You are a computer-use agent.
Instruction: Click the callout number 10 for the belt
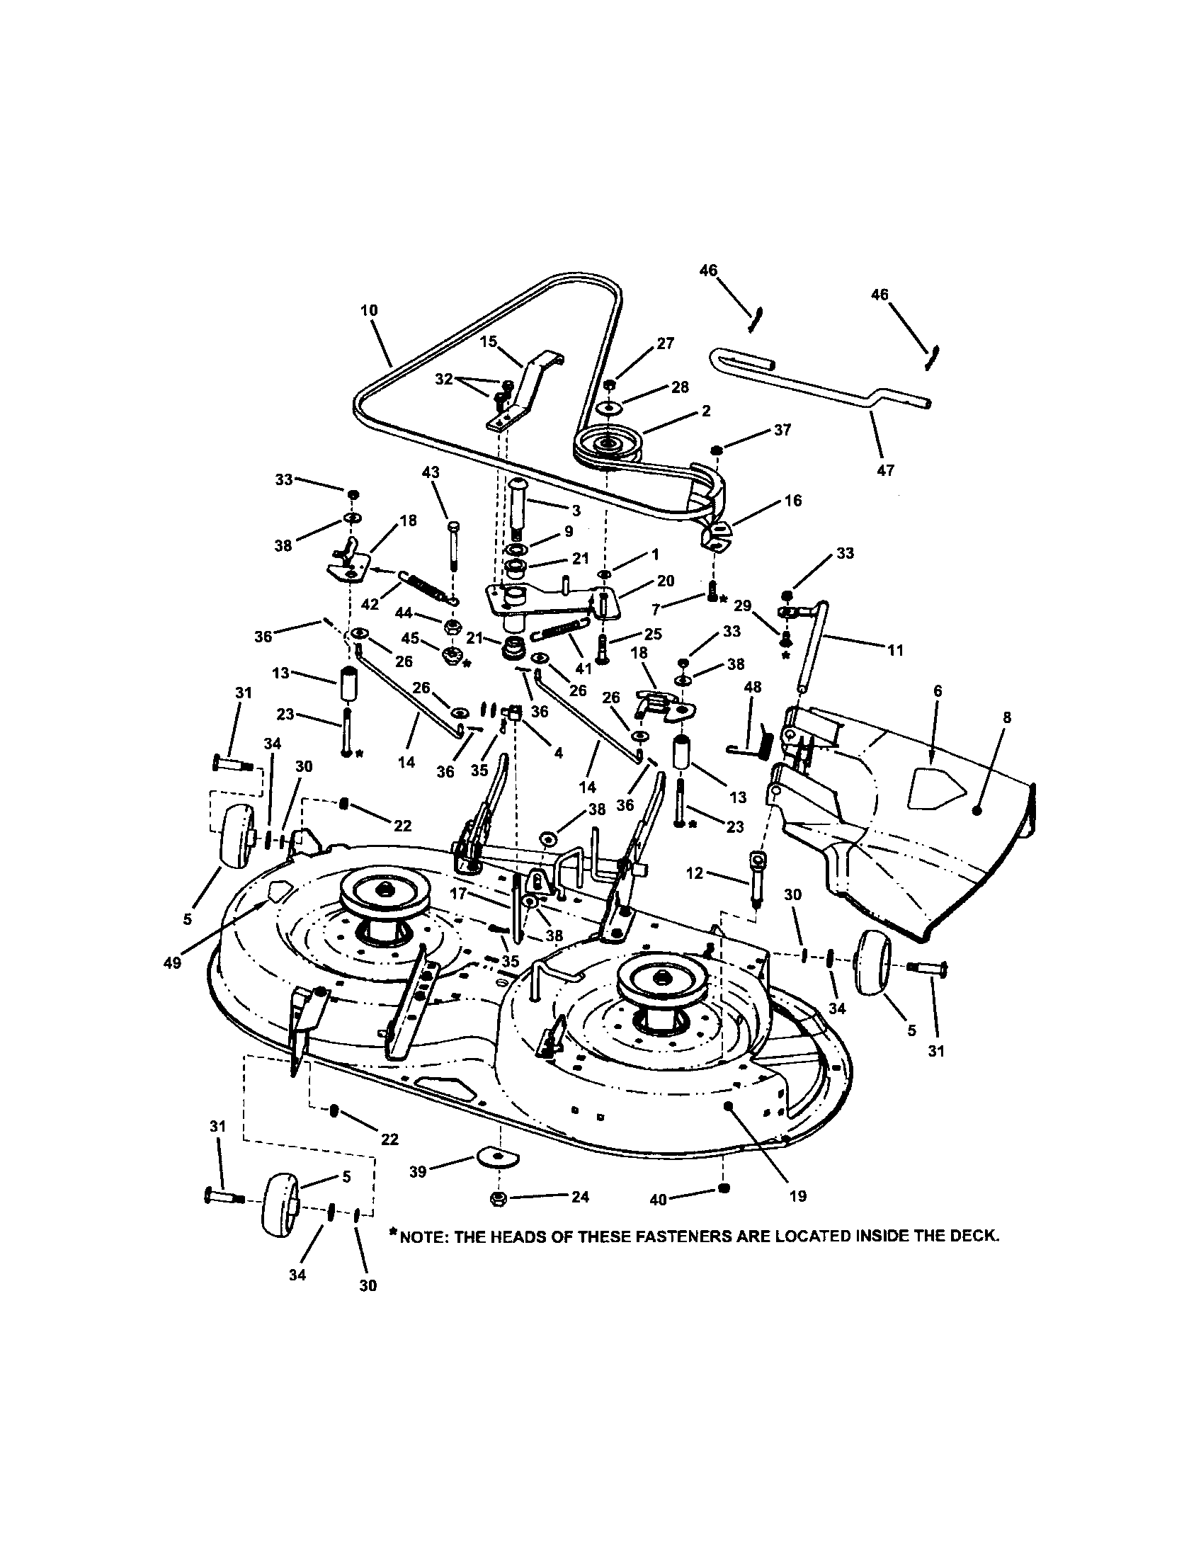[x=370, y=309]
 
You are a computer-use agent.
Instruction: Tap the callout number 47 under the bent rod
[x=885, y=470]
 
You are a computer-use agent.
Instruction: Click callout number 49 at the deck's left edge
[x=171, y=962]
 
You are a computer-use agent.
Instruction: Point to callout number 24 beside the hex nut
[x=581, y=1196]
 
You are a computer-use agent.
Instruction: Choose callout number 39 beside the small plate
[x=418, y=1171]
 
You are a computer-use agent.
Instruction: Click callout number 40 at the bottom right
[x=658, y=1200]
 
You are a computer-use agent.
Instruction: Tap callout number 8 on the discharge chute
[x=1006, y=717]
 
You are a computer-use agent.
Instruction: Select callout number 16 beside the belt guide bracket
[x=792, y=500]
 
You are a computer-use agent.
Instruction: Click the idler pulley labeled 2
[x=608, y=445]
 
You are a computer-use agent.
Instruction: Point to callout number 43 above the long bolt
[x=431, y=472]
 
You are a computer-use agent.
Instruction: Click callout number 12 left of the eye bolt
[x=695, y=872]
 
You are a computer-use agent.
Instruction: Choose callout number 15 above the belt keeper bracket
[x=488, y=342]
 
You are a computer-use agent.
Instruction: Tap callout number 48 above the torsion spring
[x=753, y=686]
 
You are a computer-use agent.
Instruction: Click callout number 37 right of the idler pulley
[x=782, y=430]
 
